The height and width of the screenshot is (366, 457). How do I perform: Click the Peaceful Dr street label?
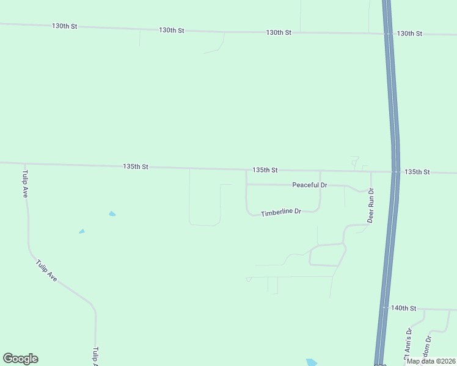tap(310, 185)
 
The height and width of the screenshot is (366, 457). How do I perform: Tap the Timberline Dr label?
tap(281, 212)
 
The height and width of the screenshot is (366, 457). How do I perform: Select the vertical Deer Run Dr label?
tap(370, 205)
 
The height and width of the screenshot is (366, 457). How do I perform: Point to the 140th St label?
tap(404, 309)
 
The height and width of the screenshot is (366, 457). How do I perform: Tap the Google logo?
tap(20, 359)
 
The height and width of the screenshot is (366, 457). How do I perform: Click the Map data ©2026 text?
tap(431, 361)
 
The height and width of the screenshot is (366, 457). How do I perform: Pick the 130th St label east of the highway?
tap(409, 34)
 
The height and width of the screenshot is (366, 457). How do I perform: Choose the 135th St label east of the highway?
tap(418, 172)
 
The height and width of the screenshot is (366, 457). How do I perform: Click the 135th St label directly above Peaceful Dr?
tap(265, 170)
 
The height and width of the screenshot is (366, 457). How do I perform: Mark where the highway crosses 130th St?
tap(388, 34)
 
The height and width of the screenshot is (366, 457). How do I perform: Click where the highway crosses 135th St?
tap(395, 172)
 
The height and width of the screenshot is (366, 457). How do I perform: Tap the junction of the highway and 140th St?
tap(384, 308)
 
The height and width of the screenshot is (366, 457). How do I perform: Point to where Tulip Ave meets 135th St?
tap(24, 163)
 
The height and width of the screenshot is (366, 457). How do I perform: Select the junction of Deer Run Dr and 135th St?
tap(371, 171)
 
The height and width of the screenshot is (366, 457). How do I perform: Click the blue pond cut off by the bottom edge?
tap(312, 362)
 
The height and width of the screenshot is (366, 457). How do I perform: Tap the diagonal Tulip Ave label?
tap(46, 271)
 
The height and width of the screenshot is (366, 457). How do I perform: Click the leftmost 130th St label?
tap(65, 26)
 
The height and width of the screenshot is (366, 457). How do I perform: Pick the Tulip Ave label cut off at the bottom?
tap(95, 356)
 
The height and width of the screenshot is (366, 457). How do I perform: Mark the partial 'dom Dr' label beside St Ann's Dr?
tap(429, 346)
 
